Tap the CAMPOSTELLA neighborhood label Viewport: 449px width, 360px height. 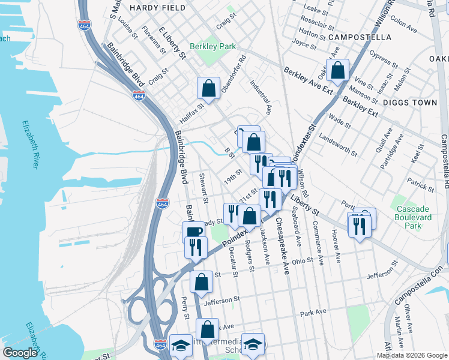pos(360,37)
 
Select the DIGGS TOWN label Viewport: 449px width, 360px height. pos(412,103)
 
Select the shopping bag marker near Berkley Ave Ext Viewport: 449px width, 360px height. pos(339,70)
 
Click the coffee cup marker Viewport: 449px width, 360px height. pos(193,232)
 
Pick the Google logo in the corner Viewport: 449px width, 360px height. pos(20,352)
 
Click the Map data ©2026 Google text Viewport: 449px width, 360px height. pos(412,355)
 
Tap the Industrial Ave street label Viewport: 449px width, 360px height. pos(261,97)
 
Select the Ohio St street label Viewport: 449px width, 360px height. pos(303,260)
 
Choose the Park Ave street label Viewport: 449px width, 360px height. pos(313,313)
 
